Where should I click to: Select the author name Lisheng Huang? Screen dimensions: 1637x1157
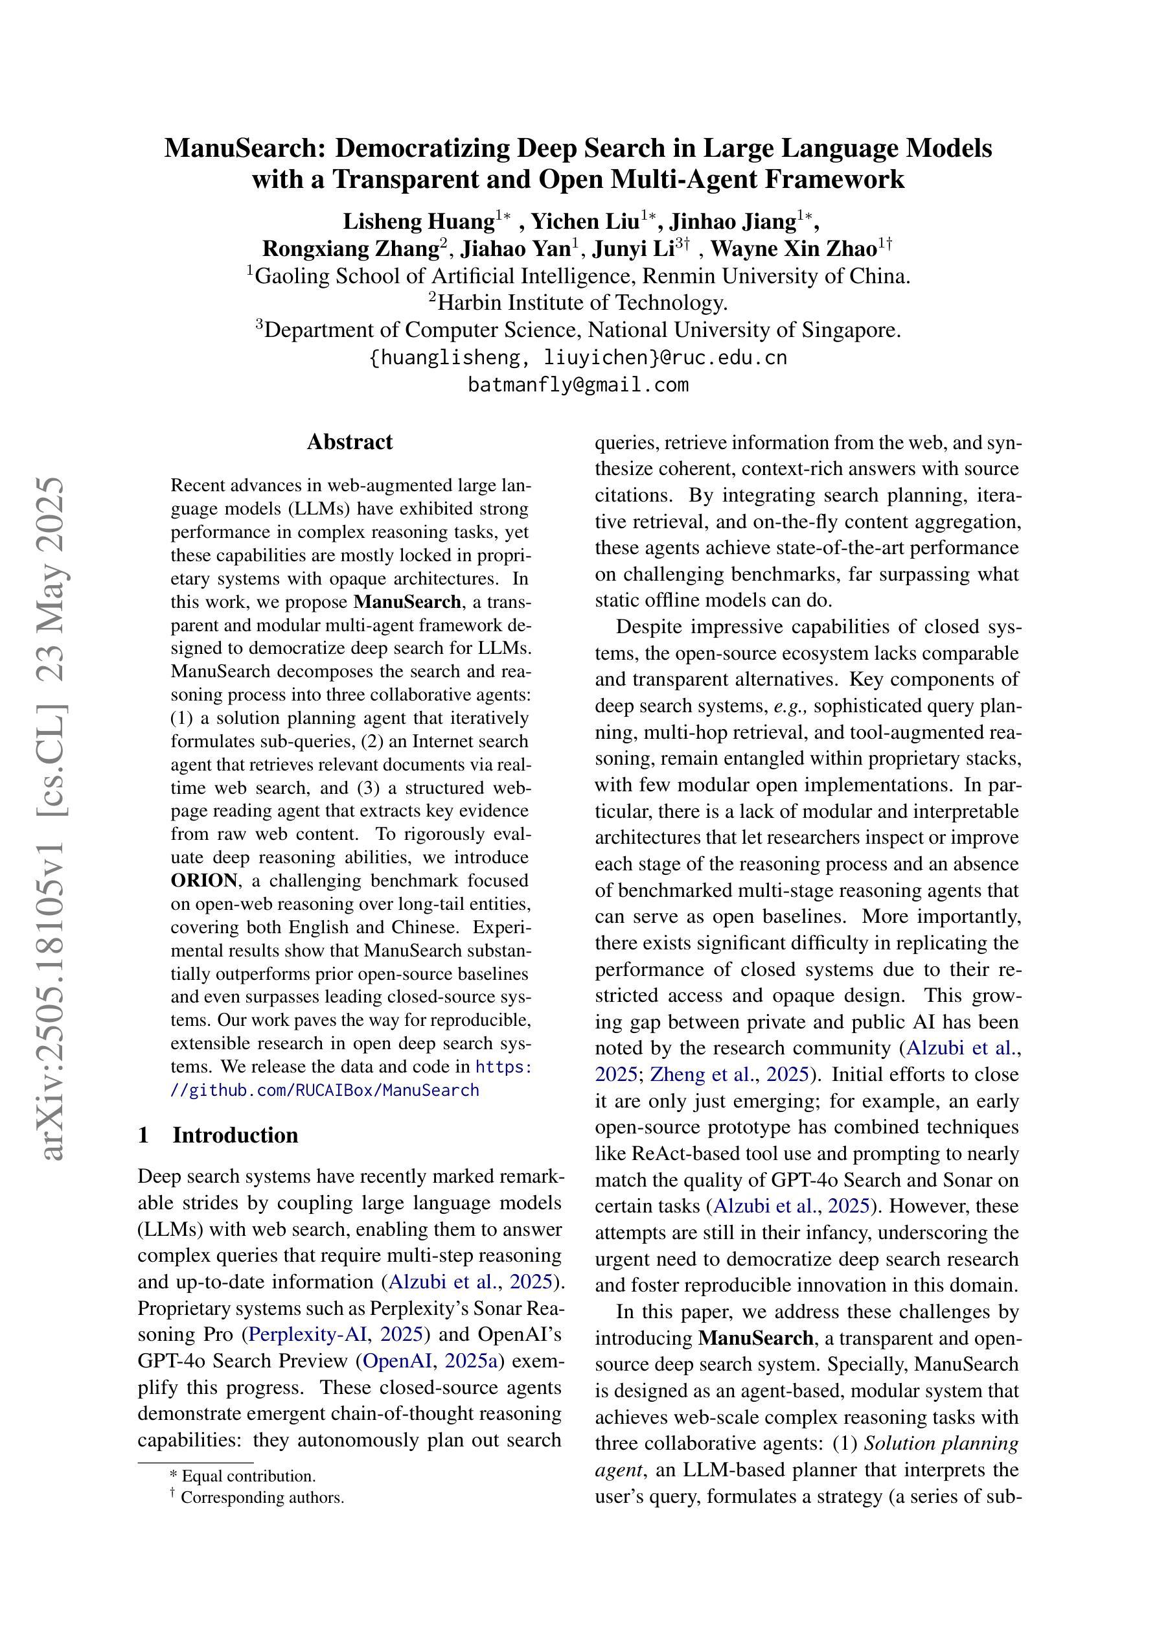[x=418, y=222]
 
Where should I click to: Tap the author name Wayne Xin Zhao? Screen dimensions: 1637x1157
[x=794, y=249]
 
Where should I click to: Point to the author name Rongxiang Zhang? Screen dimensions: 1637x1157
[x=350, y=249]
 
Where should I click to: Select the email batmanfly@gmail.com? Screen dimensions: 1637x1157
[x=578, y=385]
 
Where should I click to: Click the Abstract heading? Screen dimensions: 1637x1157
[x=349, y=442]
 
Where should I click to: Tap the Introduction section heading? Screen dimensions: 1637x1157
[x=235, y=1135]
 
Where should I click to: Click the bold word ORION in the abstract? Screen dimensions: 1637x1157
[x=204, y=881]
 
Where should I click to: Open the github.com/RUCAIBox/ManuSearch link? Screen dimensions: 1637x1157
[x=325, y=1090]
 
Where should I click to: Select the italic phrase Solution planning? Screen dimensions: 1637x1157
[x=941, y=1443]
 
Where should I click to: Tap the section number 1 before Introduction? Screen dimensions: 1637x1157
[x=143, y=1135]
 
